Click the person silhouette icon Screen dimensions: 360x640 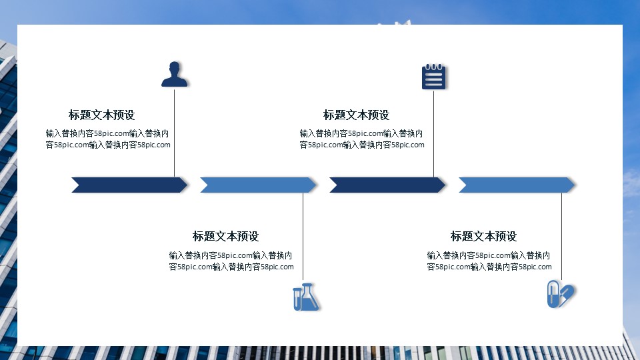point(175,75)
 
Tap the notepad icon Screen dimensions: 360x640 point(433,77)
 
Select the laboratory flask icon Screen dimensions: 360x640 point(306,297)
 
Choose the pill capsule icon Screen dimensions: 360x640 point(560,294)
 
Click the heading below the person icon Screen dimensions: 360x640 point(101,115)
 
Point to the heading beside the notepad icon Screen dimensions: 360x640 point(356,115)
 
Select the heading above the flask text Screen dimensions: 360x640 point(225,236)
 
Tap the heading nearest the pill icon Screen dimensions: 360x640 point(483,236)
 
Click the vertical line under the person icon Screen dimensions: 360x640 point(175,133)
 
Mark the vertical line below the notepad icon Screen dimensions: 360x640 point(434,133)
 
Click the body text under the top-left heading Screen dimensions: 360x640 point(108,139)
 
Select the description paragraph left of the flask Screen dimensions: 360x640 point(231,261)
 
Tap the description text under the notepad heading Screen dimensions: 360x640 point(362,139)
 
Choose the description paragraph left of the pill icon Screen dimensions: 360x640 point(489,261)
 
